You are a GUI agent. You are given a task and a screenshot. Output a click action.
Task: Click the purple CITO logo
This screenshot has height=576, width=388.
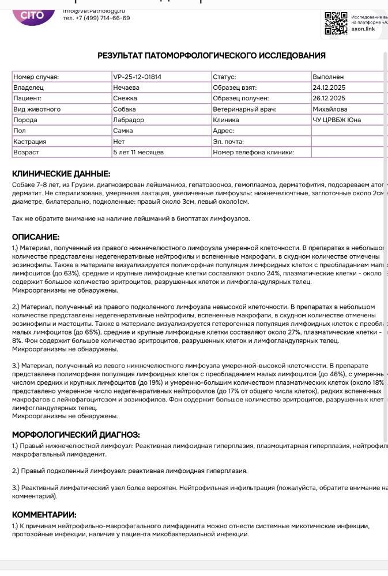32,14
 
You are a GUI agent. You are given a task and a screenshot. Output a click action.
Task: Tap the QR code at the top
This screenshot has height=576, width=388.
336,23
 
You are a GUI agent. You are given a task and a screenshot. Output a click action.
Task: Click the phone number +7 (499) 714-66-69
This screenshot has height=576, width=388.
96,18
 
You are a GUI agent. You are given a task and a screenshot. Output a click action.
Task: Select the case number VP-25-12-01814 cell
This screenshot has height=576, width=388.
137,77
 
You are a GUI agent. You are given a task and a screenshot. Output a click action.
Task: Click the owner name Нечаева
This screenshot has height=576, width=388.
126,88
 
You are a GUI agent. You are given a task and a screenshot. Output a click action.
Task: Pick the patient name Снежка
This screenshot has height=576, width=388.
126,98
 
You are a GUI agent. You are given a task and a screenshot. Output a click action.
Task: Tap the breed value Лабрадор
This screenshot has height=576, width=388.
129,120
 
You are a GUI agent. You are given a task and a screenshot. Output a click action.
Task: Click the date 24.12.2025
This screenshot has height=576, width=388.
329,88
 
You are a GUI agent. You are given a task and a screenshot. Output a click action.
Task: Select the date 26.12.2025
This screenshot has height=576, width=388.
329,98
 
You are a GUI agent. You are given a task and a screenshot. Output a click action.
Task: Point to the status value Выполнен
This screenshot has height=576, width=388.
328,77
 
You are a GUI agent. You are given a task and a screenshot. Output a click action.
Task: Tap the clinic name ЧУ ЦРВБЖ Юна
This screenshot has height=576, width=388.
337,120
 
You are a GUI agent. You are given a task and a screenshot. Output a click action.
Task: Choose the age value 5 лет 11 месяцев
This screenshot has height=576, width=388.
138,152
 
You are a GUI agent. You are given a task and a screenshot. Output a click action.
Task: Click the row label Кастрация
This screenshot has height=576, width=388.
30,142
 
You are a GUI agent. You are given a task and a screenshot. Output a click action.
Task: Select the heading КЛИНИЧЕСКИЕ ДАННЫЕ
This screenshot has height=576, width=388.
61,174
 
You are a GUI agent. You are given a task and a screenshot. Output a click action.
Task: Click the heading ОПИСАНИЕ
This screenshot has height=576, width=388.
36,237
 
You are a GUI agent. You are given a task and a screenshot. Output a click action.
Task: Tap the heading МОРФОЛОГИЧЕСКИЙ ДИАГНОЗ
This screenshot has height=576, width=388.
76,435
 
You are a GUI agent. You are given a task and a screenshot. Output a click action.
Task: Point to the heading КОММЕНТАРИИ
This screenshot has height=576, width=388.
44,515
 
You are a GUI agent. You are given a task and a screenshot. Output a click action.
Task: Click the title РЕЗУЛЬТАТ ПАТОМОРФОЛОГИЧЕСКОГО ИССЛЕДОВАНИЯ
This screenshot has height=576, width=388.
212,56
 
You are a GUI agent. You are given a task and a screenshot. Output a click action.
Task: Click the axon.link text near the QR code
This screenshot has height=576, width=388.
364,29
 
